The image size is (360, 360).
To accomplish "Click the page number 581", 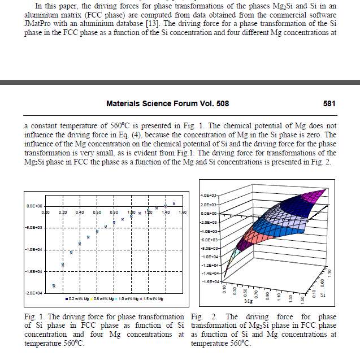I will [329, 104].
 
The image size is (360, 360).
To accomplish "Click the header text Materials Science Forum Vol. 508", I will [167, 104].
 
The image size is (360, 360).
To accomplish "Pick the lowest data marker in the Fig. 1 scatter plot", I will [54, 286].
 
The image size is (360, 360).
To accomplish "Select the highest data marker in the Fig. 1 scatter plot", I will [174, 203].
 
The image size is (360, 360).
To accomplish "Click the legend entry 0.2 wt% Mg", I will [81, 298].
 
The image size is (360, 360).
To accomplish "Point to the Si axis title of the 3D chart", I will [323, 294].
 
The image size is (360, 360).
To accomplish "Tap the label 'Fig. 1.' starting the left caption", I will [33, 316].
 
